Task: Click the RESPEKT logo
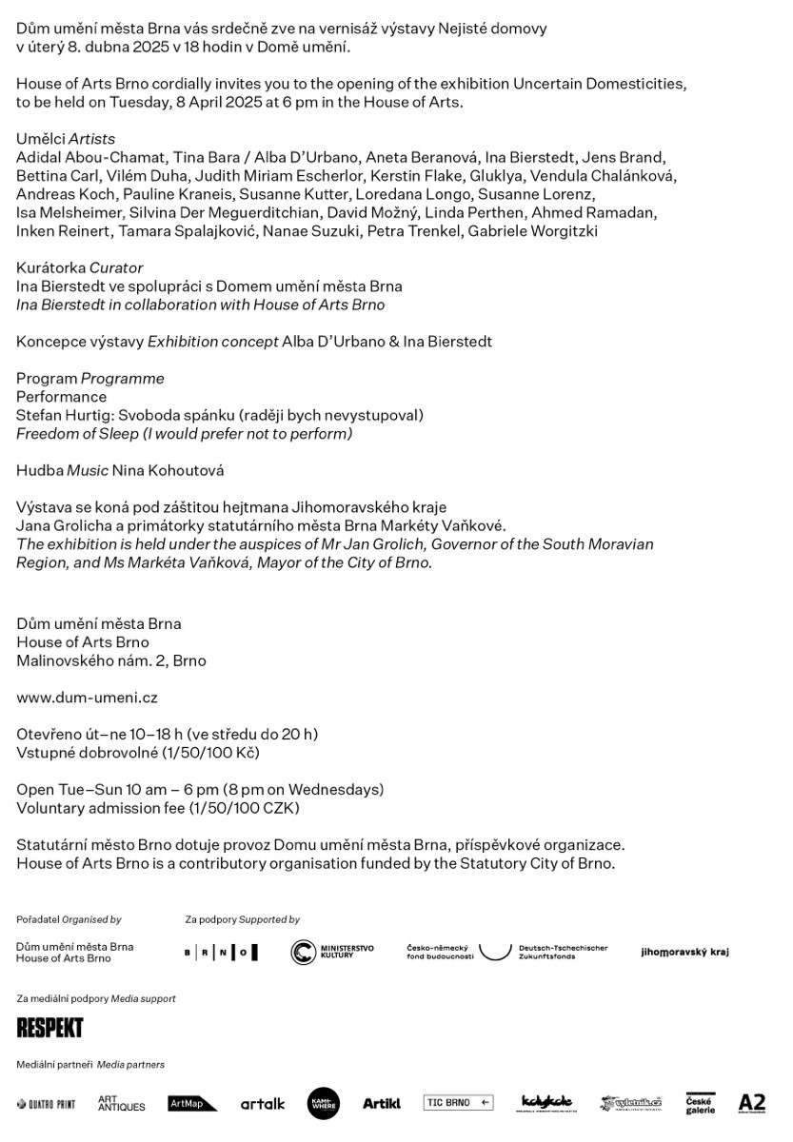(x=50, y=1028)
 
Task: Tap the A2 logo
(x=751, y=1103)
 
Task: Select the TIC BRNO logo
(x=458, y=1103)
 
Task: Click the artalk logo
(x=262, y=1104)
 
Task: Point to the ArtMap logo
(x=192, y=1104)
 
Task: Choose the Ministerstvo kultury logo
(x=332, y=952)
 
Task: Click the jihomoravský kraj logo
(x=684, y=952)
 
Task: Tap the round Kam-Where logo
(x=324, y=1103)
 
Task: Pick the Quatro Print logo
(x=46, y=1104)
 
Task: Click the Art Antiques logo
(x=121, y=1104)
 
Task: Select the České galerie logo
(x=701, y=1104)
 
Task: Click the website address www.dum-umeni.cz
(x=87, y=698)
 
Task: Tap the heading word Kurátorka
(x=50, y=268)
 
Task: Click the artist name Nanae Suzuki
(x=296, y=231)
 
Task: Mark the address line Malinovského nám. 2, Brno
(x=110, y=660)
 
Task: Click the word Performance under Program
(x=61, y=397)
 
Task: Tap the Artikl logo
(x=381, y=1104)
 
